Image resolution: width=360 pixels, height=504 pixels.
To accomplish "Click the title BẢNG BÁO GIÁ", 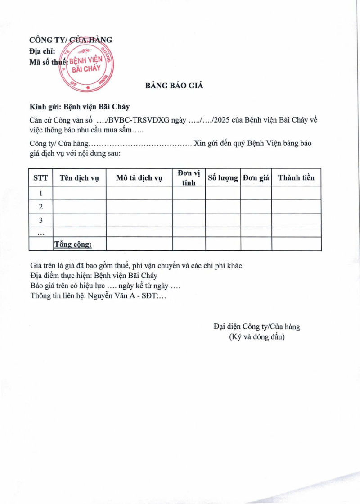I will (174, 86).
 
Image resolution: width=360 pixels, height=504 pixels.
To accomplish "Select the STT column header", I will (40, 178).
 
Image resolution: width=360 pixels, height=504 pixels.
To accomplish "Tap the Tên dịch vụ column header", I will (79, 178).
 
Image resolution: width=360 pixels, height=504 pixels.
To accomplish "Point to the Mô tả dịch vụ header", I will (139, 178).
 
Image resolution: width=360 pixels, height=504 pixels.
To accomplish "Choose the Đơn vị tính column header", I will (189, 178).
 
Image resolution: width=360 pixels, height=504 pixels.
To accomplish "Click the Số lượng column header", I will (223, 178).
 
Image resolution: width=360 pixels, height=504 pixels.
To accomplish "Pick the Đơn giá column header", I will (256, 178).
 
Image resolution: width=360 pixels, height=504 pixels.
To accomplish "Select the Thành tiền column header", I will (296, 178).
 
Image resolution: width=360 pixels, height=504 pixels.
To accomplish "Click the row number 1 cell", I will (40, 193).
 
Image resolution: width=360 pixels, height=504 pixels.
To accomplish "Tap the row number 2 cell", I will (40, 207).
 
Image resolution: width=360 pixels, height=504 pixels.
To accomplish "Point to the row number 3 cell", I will (40, 220).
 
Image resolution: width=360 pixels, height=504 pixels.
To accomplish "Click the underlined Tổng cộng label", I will (73, 244).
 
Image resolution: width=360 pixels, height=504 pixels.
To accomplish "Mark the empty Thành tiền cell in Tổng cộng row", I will (296, 244).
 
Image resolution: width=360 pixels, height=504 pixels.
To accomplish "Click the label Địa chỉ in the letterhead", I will (42, 51).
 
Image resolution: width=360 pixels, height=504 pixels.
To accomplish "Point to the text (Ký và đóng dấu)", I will (257, 336).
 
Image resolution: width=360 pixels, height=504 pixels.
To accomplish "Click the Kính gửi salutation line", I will (79, 107).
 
